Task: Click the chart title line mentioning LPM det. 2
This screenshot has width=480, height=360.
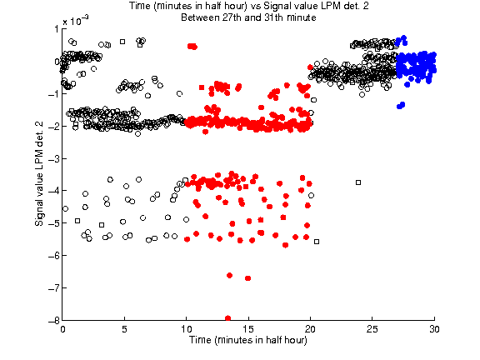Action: [248, 6]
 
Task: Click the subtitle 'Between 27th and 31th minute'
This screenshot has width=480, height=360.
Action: [248, 17]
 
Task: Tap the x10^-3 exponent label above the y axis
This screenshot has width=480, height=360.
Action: [75, 21]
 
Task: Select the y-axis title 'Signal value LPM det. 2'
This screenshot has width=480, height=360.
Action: [39, 174]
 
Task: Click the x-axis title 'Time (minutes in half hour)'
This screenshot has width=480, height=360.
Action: [248, 340]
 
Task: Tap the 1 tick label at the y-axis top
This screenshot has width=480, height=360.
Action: [57, 29]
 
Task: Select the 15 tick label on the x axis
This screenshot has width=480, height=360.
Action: [248, 329]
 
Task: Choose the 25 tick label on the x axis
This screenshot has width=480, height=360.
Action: [372, 329]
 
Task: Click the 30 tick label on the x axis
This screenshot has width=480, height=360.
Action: [434, 329]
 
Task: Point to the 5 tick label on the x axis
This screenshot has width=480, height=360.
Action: [124, 329]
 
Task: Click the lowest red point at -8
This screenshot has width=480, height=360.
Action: [227, 318]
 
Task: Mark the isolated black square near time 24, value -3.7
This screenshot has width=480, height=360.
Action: [358, 182]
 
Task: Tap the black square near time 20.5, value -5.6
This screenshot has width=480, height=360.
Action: [317, 242]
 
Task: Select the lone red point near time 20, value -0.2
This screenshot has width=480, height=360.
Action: [310, 67]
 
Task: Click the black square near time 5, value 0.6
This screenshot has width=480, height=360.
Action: [122, 42]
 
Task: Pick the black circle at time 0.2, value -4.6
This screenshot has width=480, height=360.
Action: [65, 209]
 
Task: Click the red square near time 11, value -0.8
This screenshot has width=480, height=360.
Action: [202, 87]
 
